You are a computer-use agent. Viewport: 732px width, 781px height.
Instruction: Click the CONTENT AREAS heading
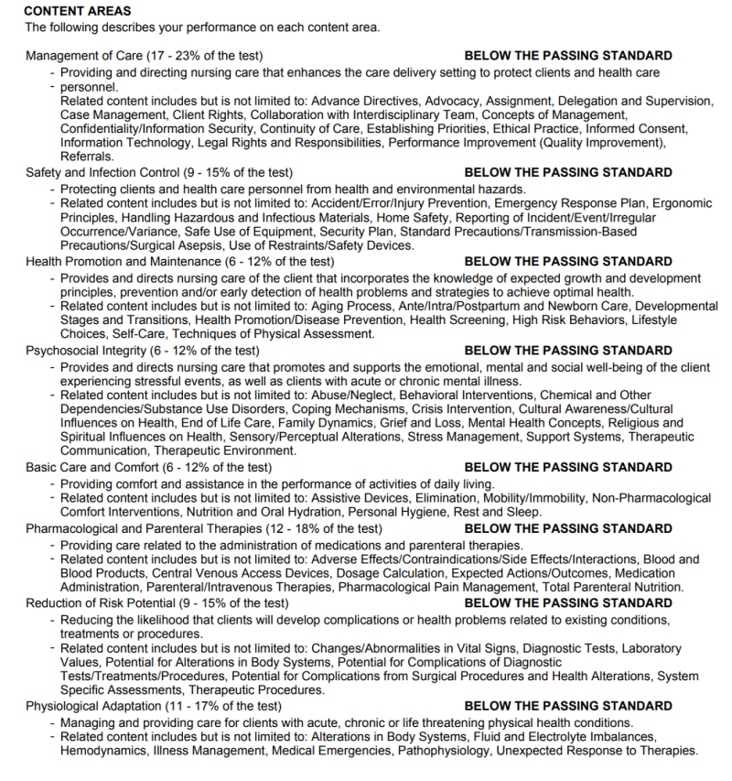point(78,12)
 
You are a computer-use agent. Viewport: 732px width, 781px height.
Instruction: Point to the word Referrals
point(88,157)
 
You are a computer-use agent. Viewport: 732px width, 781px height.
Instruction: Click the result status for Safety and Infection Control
point(568,172)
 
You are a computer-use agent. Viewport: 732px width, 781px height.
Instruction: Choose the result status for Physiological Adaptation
point(568,707)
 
